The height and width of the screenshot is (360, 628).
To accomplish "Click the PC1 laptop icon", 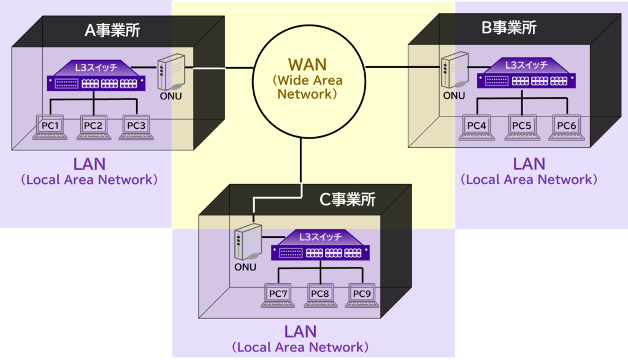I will [49, 126].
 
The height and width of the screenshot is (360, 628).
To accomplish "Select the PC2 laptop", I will [93, 126].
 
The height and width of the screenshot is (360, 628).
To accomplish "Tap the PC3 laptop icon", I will [136, 126].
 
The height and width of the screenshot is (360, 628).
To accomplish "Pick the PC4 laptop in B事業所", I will [477, 126].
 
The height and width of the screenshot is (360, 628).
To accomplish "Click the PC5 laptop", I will [521, 126].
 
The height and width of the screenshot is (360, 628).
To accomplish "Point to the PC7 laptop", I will [278, 295].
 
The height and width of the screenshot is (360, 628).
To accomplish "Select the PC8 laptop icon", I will [320, 295].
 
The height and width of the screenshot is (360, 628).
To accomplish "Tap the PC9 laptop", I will [362, 295].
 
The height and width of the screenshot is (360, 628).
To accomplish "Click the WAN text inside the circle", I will [308, 64].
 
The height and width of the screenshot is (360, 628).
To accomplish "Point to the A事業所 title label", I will [112, 30].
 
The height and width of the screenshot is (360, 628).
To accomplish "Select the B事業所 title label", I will [509, 28].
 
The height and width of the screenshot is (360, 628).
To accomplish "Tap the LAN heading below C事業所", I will [301, 332].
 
